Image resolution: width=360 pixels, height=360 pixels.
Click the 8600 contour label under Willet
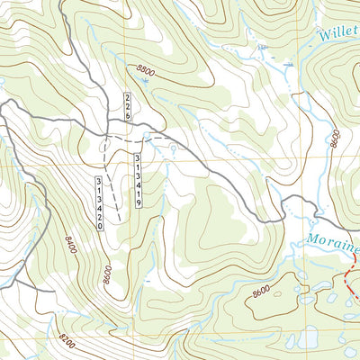click(x=334, y=139)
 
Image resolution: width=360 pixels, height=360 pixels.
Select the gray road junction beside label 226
click(x=106, y=137)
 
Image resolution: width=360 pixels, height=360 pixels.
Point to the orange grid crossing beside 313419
click(x=153, y=160)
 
